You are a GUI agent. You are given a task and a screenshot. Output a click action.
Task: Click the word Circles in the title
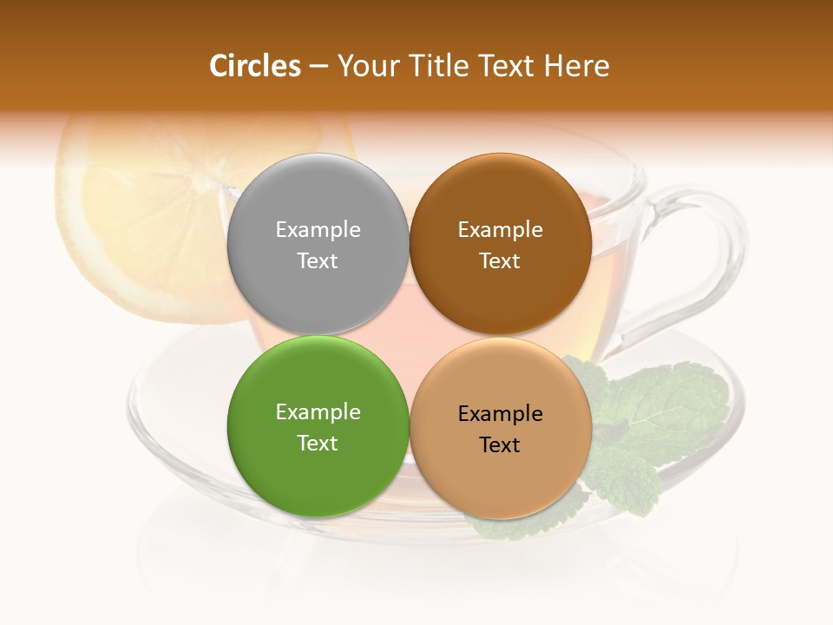[x=254, y=66]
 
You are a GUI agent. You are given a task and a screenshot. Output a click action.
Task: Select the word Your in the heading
[x=364, y=66]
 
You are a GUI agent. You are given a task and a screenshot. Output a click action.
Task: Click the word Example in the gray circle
[x=318, y=229]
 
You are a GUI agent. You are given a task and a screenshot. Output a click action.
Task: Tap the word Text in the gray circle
[x=318, y=260]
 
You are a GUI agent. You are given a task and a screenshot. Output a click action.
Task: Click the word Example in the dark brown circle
[x=500, y=229]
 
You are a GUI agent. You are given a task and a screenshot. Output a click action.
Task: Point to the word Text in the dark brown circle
[x=500, y=260]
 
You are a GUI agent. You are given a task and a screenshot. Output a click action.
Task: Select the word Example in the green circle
[x=318, y=411]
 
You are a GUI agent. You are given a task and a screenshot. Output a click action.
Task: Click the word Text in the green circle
[x=318, y=443]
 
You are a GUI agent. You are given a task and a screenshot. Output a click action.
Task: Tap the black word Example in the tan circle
[x=500, y=413]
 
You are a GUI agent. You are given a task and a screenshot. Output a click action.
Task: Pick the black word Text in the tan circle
[x=500, y=444]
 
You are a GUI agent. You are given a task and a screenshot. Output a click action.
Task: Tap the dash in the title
[x=318, y=67]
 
